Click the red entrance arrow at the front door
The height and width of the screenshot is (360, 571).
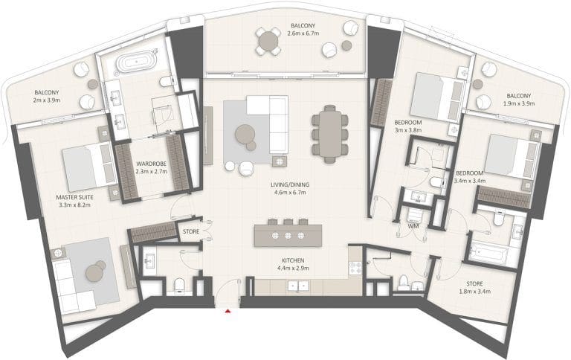pos(228,312)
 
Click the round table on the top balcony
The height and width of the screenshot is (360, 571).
pos(269,41)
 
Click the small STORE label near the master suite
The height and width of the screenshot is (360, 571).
pos(191,231)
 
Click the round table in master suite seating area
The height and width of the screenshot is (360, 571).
pos(94,272)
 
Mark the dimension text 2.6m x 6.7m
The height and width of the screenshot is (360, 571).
pos(304,33)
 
